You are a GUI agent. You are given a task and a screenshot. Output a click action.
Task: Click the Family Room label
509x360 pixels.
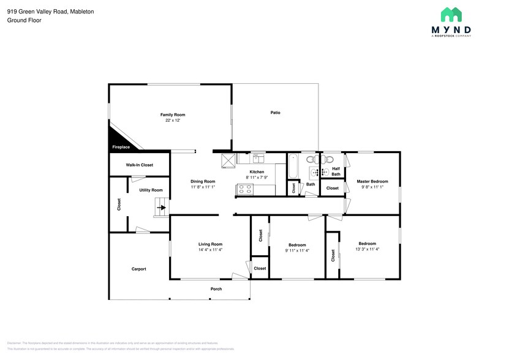(x=173, y=114)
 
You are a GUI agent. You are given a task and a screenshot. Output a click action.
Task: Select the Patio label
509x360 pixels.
(x=276, y=113)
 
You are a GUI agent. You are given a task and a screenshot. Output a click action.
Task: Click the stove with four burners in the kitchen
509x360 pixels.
(x=246, y=190)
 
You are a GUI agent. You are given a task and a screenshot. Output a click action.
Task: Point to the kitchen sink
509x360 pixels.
(x=258, y=159)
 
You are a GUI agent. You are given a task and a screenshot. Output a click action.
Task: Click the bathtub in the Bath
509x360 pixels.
(x=292, y=165)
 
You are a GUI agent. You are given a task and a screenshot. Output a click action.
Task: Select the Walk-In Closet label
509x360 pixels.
(x=139, y=165)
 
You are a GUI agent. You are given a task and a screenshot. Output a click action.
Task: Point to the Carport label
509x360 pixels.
(x=139, y=269)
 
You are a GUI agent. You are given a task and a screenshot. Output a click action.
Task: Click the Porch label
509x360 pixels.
(x=216, y=289)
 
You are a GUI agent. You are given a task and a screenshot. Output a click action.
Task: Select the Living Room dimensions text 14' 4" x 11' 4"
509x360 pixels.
(x=210, y=250)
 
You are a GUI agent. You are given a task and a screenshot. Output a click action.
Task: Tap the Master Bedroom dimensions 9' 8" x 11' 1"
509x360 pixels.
(x=372, y=187)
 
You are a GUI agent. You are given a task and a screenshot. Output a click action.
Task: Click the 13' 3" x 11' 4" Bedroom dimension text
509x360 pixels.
(x=368, y=249)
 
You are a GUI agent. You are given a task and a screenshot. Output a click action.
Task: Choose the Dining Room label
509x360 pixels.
(x=203, y=181)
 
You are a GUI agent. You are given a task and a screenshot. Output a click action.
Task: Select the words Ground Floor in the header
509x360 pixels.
(x=23, y=20)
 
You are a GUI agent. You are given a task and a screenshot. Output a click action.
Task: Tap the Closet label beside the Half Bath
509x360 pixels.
(x=333, y=188)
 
